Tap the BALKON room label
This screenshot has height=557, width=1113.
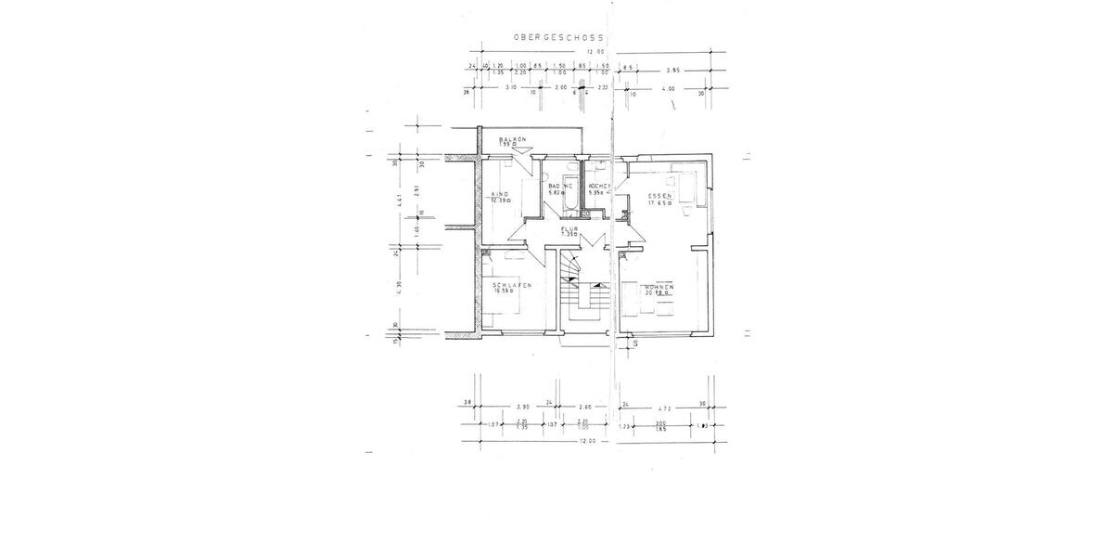[x=512, y=139]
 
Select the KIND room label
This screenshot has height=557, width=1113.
[x=499, y=194]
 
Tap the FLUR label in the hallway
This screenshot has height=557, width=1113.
[x=569, y=228]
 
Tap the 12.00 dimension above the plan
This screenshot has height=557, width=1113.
[x=595, y=52]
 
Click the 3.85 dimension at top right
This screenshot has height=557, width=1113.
[x=674, y=69]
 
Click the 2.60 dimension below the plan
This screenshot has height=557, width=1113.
[x=584, y=406]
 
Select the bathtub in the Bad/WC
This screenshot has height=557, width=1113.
[x=570, y=198]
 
